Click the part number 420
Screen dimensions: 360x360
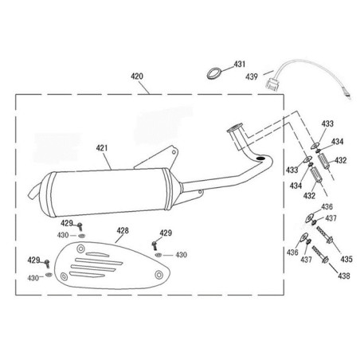coord(137,76)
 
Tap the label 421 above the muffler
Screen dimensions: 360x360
coord(102,148)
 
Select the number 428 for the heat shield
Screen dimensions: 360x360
coord(123,230)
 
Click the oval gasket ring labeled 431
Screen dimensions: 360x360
coord(213,73)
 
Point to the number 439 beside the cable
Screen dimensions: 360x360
coord(252,76)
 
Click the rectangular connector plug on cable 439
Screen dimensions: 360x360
coord(272,84)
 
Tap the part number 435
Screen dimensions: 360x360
coord(346,259)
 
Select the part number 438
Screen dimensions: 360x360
coord(344,276)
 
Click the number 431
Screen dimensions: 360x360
coord(240,64)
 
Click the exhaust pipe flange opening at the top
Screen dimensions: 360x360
coord(235,127)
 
